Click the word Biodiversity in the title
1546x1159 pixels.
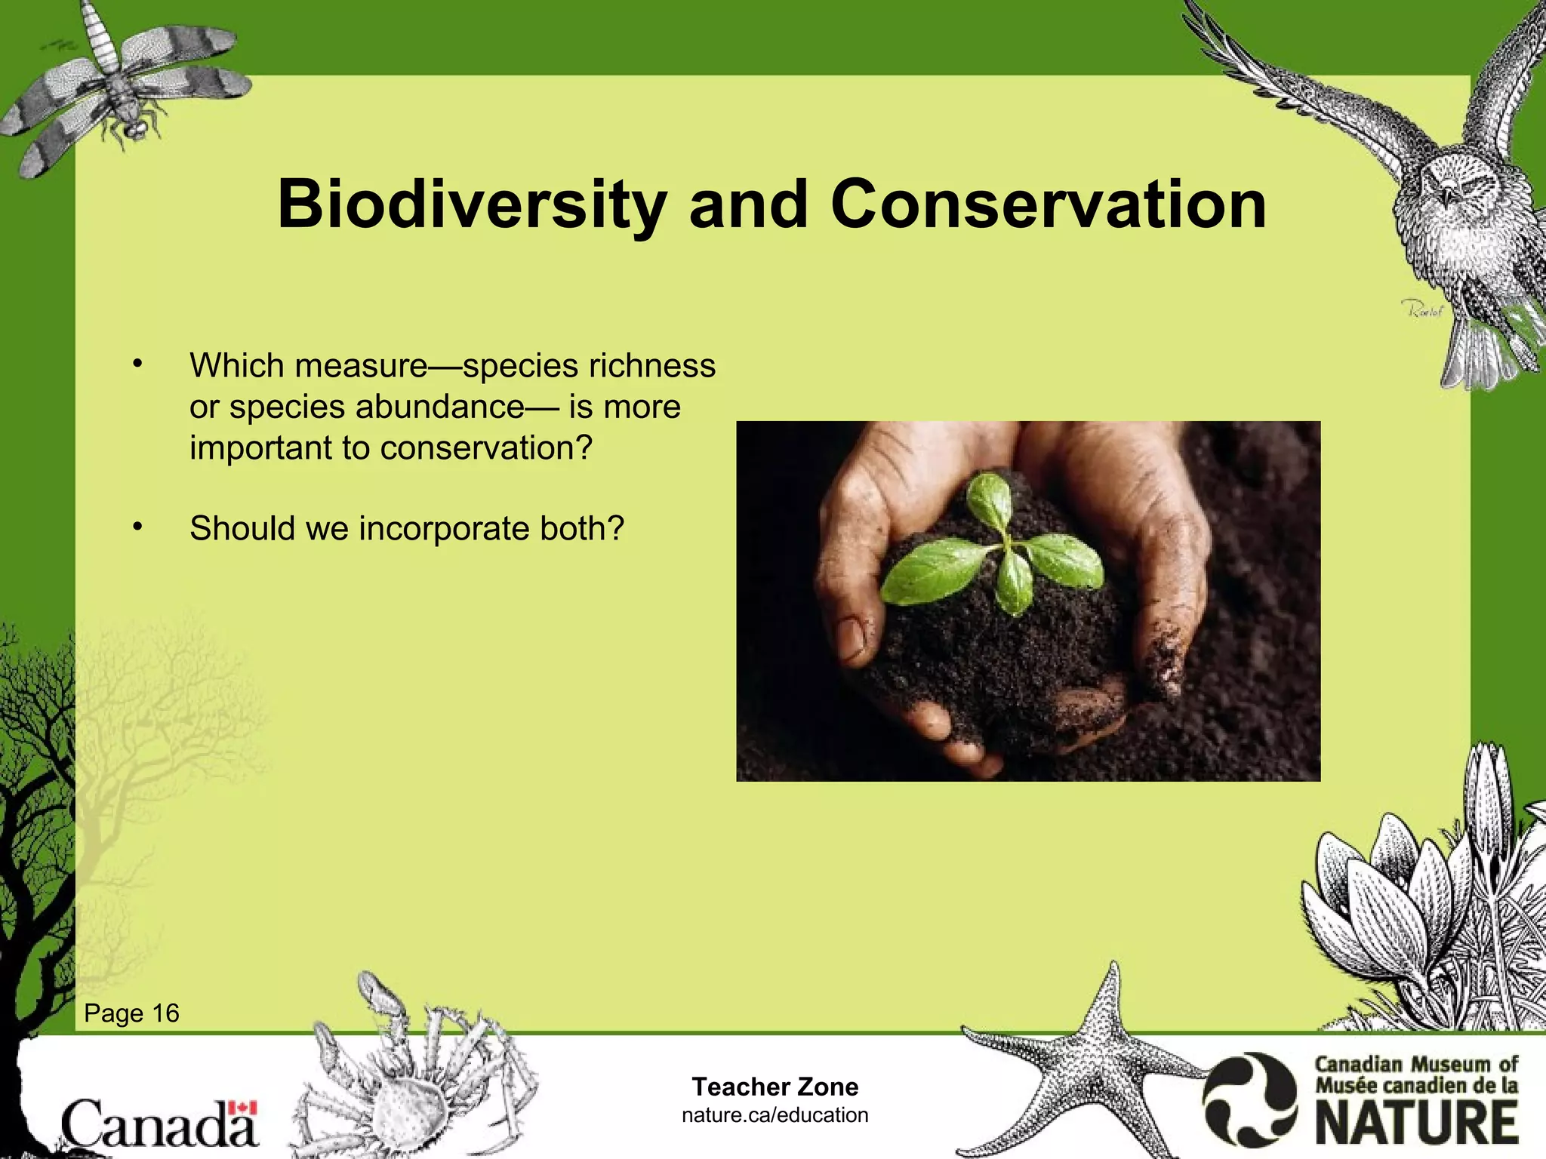tap(471, 205)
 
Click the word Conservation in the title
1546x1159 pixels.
tap(1049, 205)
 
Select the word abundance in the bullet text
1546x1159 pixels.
tap(440, 407)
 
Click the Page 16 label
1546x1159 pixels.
tap(131, 1013)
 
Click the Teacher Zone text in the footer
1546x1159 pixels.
tap(775, 1087)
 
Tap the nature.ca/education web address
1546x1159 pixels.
tap(775, 1115)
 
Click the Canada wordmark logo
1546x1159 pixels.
tap(159, 1124)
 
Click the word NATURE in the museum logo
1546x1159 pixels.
tap(1417, 1123)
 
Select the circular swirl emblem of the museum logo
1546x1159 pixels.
tap(1249, 1100)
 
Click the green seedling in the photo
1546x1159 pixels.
tap(996, 551)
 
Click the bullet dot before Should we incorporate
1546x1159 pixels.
tap(137, 527)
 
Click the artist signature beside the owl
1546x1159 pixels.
tap(1422, 309)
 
